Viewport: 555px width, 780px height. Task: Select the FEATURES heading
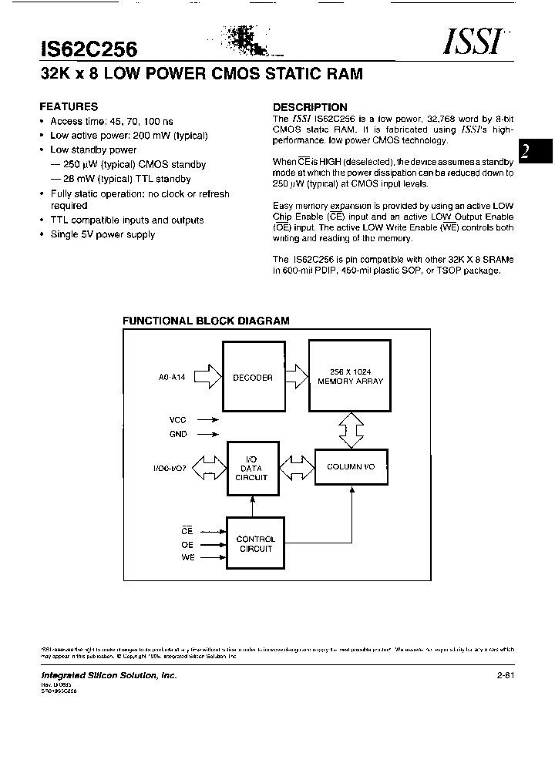point(69,107)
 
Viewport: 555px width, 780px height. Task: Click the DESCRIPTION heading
point(310,107)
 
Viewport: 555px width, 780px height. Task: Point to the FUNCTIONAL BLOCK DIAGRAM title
point(207,321)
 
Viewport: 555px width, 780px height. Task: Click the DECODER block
point(253,378)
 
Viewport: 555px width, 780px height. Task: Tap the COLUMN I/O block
point(351,467)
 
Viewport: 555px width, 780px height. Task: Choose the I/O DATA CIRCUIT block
point(252,468)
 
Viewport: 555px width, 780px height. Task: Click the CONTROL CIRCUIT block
point(255,544)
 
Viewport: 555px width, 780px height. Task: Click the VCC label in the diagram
point(178,420)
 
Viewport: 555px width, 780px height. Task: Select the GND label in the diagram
point(178,434)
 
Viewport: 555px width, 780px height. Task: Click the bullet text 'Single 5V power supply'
point(103,234)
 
